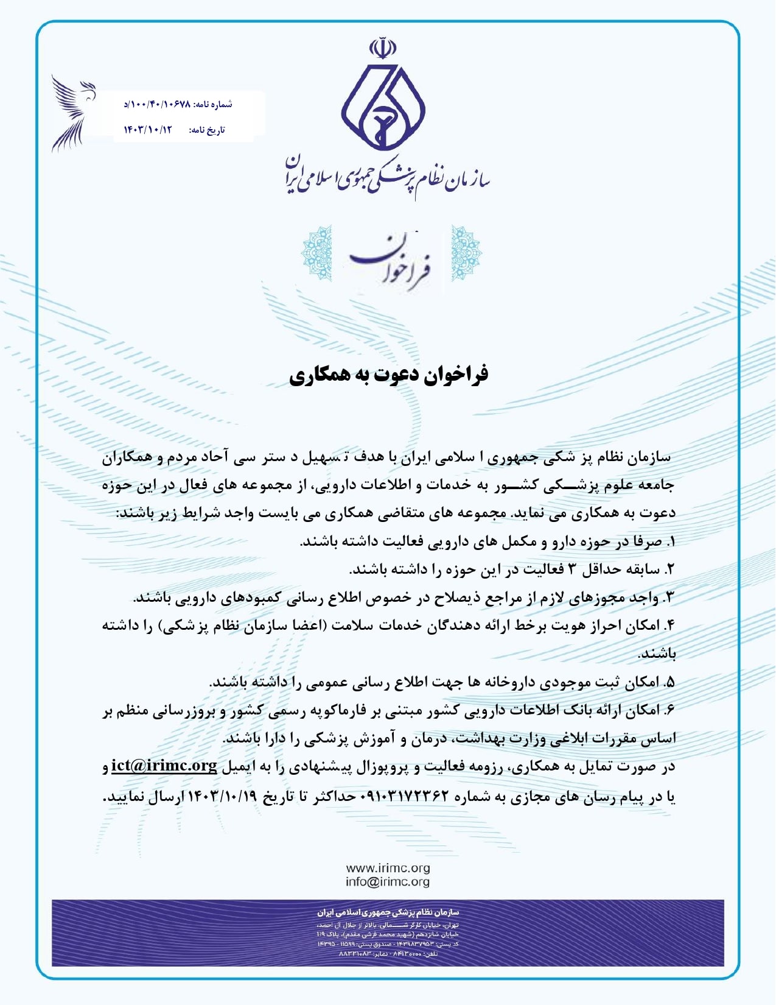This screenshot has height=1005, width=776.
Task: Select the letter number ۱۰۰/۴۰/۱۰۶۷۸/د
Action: pyautogui.click(x=157, y=104)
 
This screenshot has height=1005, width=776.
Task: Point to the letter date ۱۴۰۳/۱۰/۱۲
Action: pyautogui.click(x=149, y=130)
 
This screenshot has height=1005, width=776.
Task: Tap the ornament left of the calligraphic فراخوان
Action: pyautogui.click(x=316, y=253)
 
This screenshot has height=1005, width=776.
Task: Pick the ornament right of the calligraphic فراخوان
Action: pyautogui.click(x=466, y=253)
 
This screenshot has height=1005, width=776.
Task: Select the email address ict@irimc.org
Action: pyautogui.click(x=164, y=766)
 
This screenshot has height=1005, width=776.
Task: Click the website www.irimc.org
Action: pyautogui.click(x=388, y=868)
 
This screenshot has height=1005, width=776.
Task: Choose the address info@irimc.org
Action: pyautogui.click(x=388, y=881)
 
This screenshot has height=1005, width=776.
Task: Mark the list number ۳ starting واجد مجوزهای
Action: pyautogui.click(x=670, y=598)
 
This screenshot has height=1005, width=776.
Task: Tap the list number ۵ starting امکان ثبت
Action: pyautogui.click(x=670, y=682)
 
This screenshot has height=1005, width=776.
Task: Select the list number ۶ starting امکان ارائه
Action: pyautogui.click(x=670, y=710)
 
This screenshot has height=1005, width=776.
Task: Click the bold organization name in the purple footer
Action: pyautogui.click(x=388, y=912)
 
